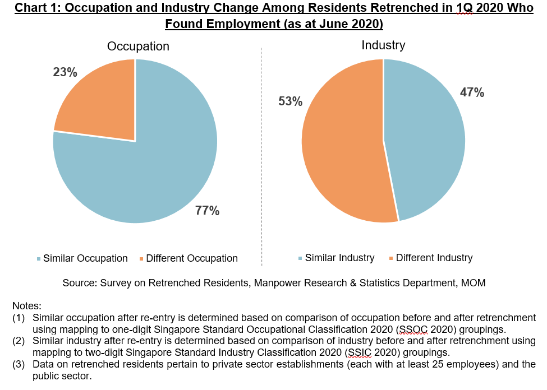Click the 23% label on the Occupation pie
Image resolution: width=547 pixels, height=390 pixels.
click(65, 72)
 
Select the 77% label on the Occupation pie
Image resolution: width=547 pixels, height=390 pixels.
click(207, 211)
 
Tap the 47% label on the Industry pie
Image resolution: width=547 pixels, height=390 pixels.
click(472, 93)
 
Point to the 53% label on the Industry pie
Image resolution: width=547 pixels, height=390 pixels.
click(291, 101)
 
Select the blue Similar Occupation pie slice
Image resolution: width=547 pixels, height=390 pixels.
click(146, 168)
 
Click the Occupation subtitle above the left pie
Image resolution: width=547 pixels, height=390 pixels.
click(138, 47)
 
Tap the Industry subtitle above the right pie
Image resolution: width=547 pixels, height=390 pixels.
click(383, 45)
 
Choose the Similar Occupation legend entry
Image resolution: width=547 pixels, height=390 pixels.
click(82, 258)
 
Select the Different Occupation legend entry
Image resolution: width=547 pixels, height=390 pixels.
click(187, 258)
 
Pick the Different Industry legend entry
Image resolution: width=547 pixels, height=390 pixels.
click(430, 258)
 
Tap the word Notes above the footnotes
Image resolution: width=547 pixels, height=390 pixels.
click(26, 306)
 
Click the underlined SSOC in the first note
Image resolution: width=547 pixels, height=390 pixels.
click(412, 329)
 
